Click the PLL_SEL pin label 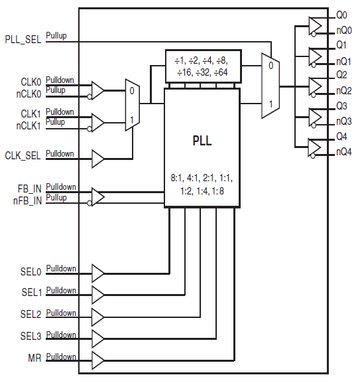(x=23, y=39)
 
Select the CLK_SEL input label (x=23, y=156)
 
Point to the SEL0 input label (x=30, y=272)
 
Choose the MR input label (x=34, y=359)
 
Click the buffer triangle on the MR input (x=97, y=360)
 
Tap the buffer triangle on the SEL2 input (x=97, y=316)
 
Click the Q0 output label (x=341, y=14)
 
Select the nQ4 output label (x=343, y=153)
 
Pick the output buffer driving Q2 (x=316, y=86)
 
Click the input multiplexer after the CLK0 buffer (x=132, y=104)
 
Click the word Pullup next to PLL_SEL (x=56, y=36)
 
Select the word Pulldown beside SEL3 (x=61, y=335)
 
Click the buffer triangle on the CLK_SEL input (x=97, y=159)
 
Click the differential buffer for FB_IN (x=97, y=196)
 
